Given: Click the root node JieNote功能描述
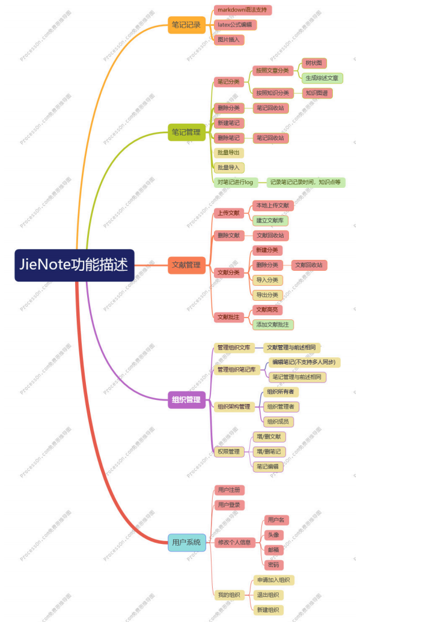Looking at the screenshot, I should (x=75, y=265).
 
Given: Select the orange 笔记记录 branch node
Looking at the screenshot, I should (x=186, y=25).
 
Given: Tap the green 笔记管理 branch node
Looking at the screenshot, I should (x=186, y=132).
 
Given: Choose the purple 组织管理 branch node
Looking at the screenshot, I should (x=186, y=400).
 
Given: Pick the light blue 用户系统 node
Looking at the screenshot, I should (x=186, y=542).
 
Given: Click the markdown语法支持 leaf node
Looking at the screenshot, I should (x=243, y=10).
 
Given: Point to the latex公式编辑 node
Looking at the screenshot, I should (x=236, y=25).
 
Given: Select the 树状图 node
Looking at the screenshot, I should (x=314, y=63).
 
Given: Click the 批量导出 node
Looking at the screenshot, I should (x=228, y=152).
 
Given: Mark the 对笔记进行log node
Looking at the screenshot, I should (x=236, y=182).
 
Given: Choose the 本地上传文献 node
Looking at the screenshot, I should (x=273, y=205).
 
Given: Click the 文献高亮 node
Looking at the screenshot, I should (x=267, y=310).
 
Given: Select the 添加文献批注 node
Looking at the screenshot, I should (x=273, y=325).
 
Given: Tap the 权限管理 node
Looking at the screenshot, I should (x=228, y=451).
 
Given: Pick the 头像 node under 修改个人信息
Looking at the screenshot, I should (x=273, y=535).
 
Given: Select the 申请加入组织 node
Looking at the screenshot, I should (x=273, y=580).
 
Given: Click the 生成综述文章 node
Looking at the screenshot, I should (x=322, y=78).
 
